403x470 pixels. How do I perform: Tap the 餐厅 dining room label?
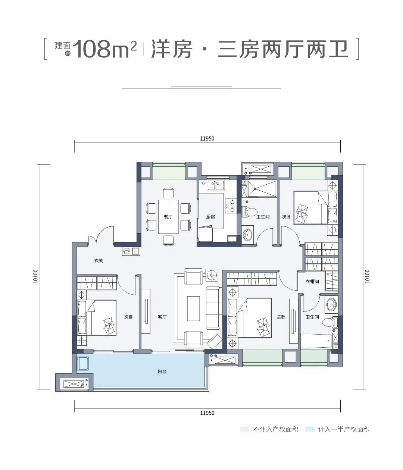168,217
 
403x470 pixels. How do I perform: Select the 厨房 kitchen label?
210,217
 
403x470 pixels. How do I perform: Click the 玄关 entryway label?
98,261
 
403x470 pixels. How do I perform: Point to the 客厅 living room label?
162,317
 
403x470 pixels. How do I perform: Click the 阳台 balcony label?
162,372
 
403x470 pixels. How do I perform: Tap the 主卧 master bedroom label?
281,317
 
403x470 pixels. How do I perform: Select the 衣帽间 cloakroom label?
312,282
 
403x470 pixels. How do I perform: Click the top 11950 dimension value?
207,138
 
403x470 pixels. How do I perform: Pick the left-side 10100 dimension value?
35,276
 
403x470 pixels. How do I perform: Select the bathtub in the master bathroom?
316,341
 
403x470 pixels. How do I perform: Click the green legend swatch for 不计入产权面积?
245,429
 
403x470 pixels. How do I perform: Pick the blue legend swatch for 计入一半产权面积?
309,429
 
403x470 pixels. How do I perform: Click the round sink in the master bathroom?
331,304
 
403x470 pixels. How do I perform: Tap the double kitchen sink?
215,185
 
